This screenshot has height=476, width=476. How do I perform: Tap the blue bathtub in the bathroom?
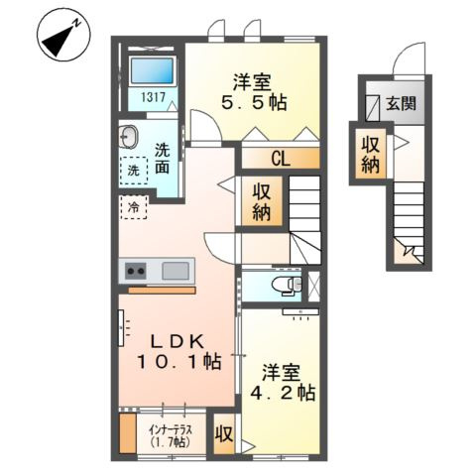coord(151,71)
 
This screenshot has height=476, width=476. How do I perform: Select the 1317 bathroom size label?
coord(151,98)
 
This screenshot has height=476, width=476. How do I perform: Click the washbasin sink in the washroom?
coord(130,137)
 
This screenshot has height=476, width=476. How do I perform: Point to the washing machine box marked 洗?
coord(133,171)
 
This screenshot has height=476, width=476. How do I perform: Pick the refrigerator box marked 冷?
coord(132,207)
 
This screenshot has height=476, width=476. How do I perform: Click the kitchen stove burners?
coord(134,271)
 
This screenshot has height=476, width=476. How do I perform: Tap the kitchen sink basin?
coord(178,271)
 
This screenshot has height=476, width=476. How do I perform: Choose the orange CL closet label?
coord(280,158)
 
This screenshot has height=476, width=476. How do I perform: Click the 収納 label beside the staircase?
coord(264,201)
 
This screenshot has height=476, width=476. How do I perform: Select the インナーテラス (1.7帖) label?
coord(170,435)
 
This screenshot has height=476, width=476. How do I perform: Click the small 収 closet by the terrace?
coord(224,433)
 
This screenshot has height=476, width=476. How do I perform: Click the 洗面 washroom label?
coord(163,160)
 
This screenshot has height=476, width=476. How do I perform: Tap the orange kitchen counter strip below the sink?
coord(162,290)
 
